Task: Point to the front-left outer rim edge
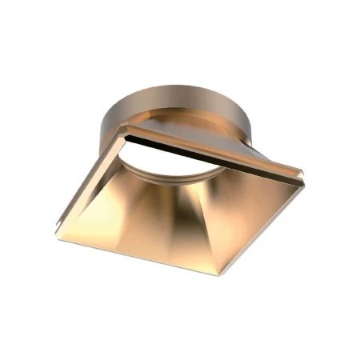click(120, 249)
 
